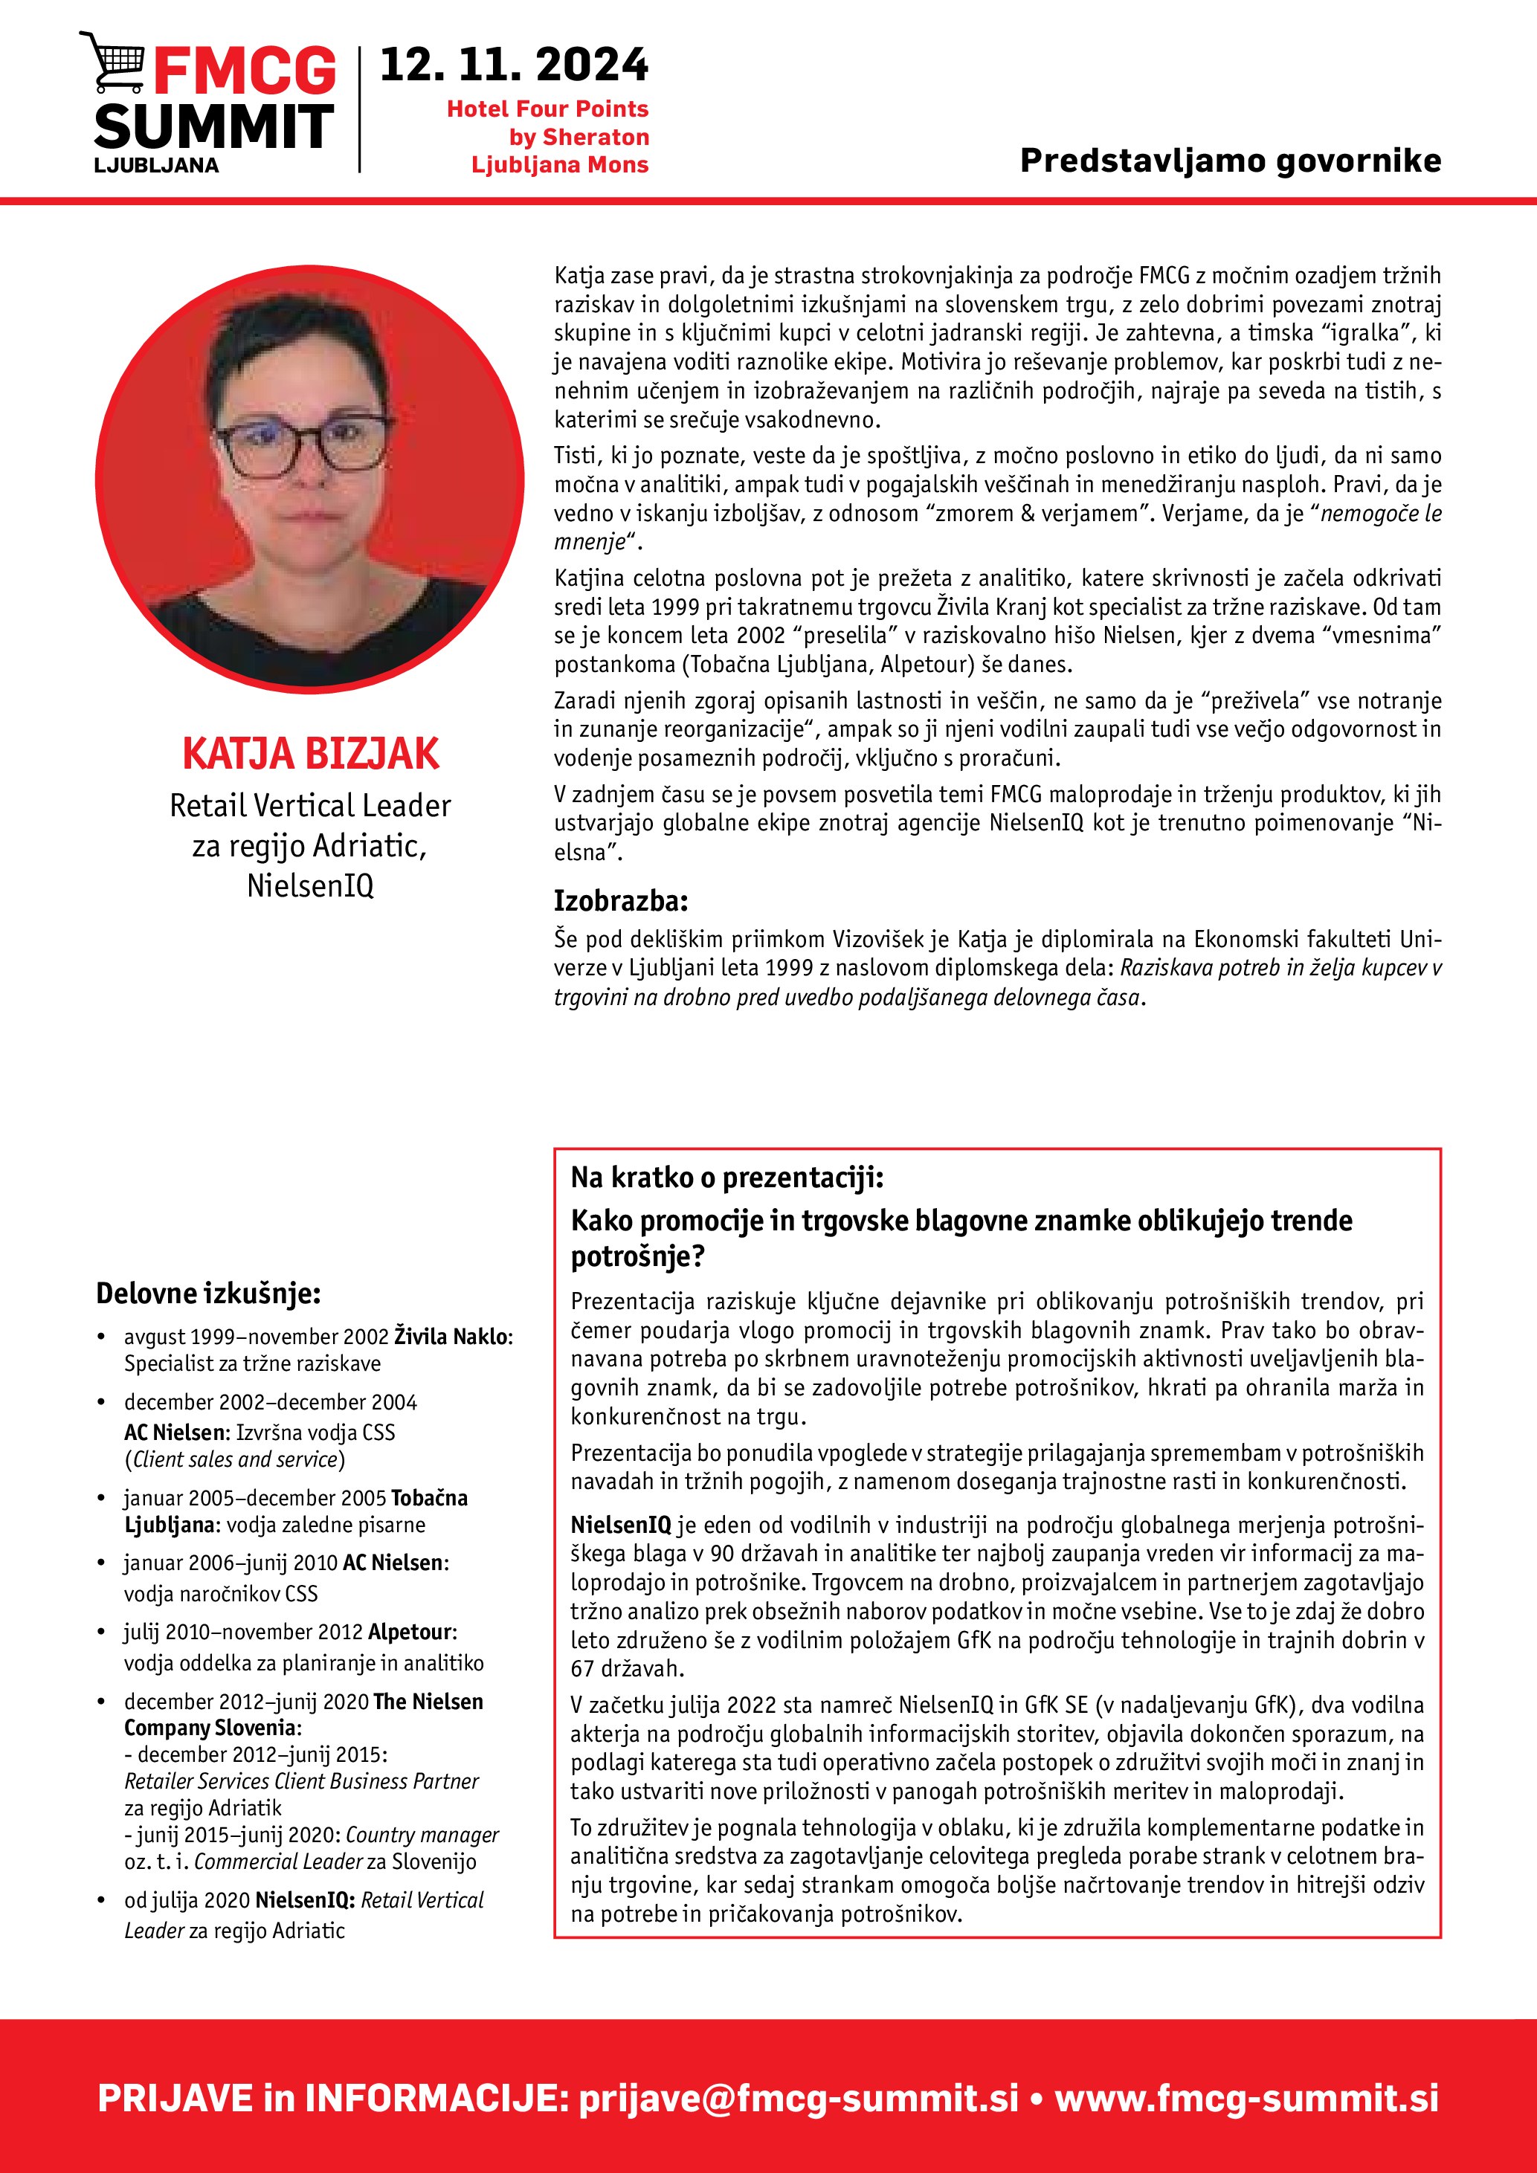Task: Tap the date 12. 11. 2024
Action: point(514,65)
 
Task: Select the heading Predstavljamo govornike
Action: point(1229,161)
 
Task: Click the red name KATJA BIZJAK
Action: point(309,753)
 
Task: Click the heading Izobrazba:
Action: point(621,900)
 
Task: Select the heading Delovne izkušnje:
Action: point(208,1293)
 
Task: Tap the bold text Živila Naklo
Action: point(452,1337)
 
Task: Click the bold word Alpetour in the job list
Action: point(410,1632)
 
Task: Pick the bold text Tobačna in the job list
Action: point(429,1498)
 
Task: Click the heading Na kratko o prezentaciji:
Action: point(726,1178)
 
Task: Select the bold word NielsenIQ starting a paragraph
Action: point(620,1525)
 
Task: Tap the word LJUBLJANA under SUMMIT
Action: point(156,166)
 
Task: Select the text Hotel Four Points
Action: point(547,109)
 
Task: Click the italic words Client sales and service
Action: point(235,1459)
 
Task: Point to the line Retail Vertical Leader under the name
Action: point(309,805)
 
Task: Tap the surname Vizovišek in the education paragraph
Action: point(878,939)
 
